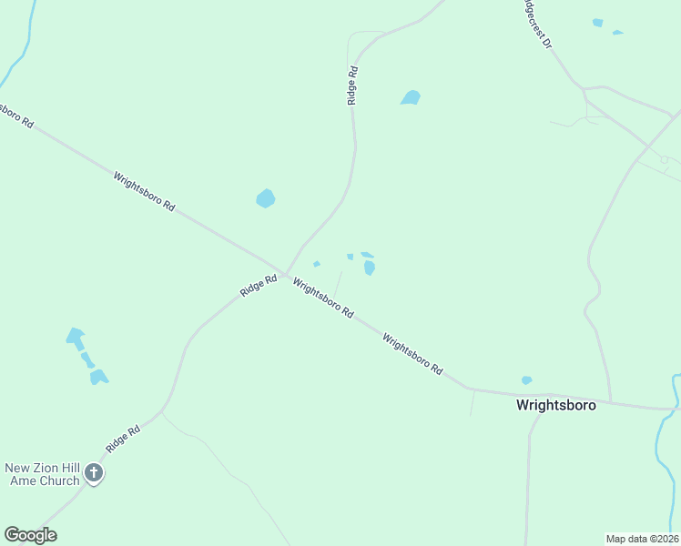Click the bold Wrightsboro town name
tap(555, 405)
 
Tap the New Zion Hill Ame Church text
tap(42, 474)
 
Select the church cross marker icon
tap(94, 472)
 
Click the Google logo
tap(30, 535)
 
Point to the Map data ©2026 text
tap(643, 538)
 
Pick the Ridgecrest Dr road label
tap(537, 25)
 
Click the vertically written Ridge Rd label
tap(351, 85)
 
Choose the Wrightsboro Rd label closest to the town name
tap(412, 355)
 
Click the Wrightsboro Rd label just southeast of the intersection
tap(323, 298)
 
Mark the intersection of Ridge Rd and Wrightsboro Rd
tap(285, 275)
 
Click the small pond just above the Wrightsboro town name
tap(526, 380)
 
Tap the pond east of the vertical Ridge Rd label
tap(411, 97)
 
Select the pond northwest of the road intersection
tap(265, 198)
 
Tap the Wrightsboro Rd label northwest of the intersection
tap(144, 191)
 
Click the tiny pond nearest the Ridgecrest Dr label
tap(597, 23)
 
